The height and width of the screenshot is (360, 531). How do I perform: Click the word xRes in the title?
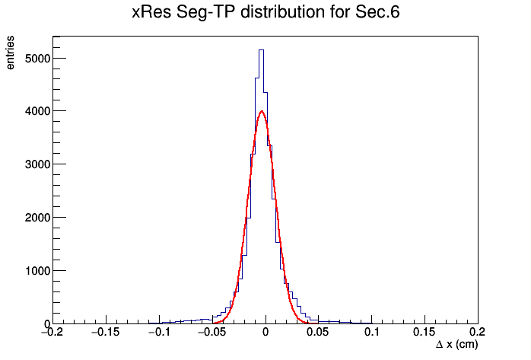[x=151, y=12]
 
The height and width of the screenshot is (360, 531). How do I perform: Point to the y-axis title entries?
[x=10, y=53]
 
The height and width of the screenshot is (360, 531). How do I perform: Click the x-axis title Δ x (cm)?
[x=457, y=345]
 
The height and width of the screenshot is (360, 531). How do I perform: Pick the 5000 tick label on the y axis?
[x=37, y=59]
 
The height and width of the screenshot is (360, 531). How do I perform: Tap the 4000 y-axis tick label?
[x=37, y=111]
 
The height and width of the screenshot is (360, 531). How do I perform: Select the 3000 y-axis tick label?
[x=37, y=164]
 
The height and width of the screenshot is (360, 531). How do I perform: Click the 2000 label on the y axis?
[x=37, y=218]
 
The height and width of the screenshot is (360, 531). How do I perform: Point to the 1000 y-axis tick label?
[x=37, y=271]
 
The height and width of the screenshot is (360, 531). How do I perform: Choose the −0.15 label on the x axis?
[x=106, y=332]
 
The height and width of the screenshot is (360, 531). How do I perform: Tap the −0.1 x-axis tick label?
[x=160, y=332]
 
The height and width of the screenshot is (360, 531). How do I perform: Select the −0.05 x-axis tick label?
[x=212, y=332]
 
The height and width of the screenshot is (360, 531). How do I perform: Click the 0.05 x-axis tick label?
[x=318, y=332]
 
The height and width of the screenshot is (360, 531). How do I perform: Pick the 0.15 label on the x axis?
[x=424, y=332]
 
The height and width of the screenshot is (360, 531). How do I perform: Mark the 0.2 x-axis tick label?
[x=478, y=332]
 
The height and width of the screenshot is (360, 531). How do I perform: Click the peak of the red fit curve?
[x=262, y=111]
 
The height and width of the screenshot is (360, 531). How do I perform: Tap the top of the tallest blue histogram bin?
[x=261, y=49]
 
